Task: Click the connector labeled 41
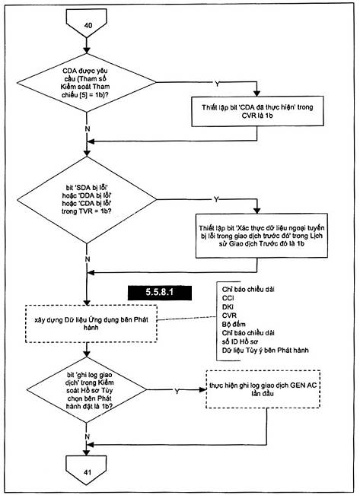86,470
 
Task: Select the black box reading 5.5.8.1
160,292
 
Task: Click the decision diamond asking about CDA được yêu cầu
86,83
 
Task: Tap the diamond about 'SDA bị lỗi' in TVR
86,199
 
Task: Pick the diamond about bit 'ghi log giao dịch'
86,390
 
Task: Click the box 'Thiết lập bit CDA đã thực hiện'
257,111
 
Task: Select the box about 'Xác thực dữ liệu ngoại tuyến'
261,236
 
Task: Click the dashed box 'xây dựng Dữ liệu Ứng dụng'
91,324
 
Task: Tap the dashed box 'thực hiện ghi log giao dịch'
263,389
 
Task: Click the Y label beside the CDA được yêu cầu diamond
217,84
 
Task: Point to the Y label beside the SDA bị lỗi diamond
216,199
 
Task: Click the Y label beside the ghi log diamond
177,391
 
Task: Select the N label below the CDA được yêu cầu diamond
88,129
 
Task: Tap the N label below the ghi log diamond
88,436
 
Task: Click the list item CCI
228,298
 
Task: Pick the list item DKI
228,307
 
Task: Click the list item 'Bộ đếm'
234,324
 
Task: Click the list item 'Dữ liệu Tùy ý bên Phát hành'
265,350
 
